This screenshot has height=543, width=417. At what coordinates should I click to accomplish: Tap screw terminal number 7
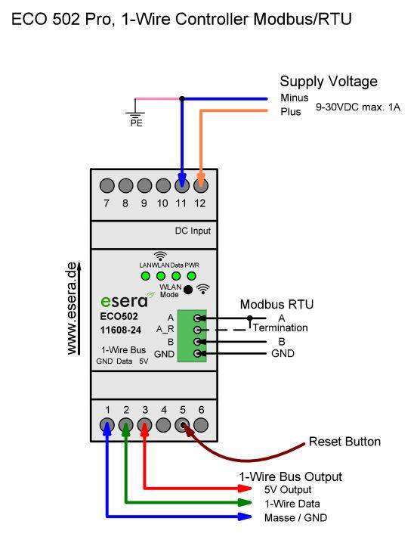click(x=107, y=185)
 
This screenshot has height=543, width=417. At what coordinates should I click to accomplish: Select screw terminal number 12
click(x=200, y=185)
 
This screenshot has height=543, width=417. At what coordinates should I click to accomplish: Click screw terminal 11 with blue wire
click(x=181, y=185)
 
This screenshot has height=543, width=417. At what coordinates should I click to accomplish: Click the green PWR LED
click(x=192, y=276)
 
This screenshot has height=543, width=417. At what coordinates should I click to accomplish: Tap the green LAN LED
click(x=146, y=276)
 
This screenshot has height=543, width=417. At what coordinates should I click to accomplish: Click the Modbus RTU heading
click(x=276, y=304)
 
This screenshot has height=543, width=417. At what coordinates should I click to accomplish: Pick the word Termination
click(x=280, y=328)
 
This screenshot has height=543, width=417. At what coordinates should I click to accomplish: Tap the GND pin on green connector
click(x=198, y=353)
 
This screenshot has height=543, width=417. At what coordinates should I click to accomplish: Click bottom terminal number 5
click(x=182, y=426)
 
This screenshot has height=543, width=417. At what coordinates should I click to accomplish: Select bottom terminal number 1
click(x=107, y=426)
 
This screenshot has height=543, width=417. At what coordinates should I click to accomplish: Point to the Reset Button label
click(x=344, y=441)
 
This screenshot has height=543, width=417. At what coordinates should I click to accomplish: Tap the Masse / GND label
click(x=296, y=517)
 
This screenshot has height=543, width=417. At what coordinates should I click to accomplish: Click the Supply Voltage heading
click(x=329, y=82)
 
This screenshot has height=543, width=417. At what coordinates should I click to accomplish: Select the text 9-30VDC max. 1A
click(x=357, y=107)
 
